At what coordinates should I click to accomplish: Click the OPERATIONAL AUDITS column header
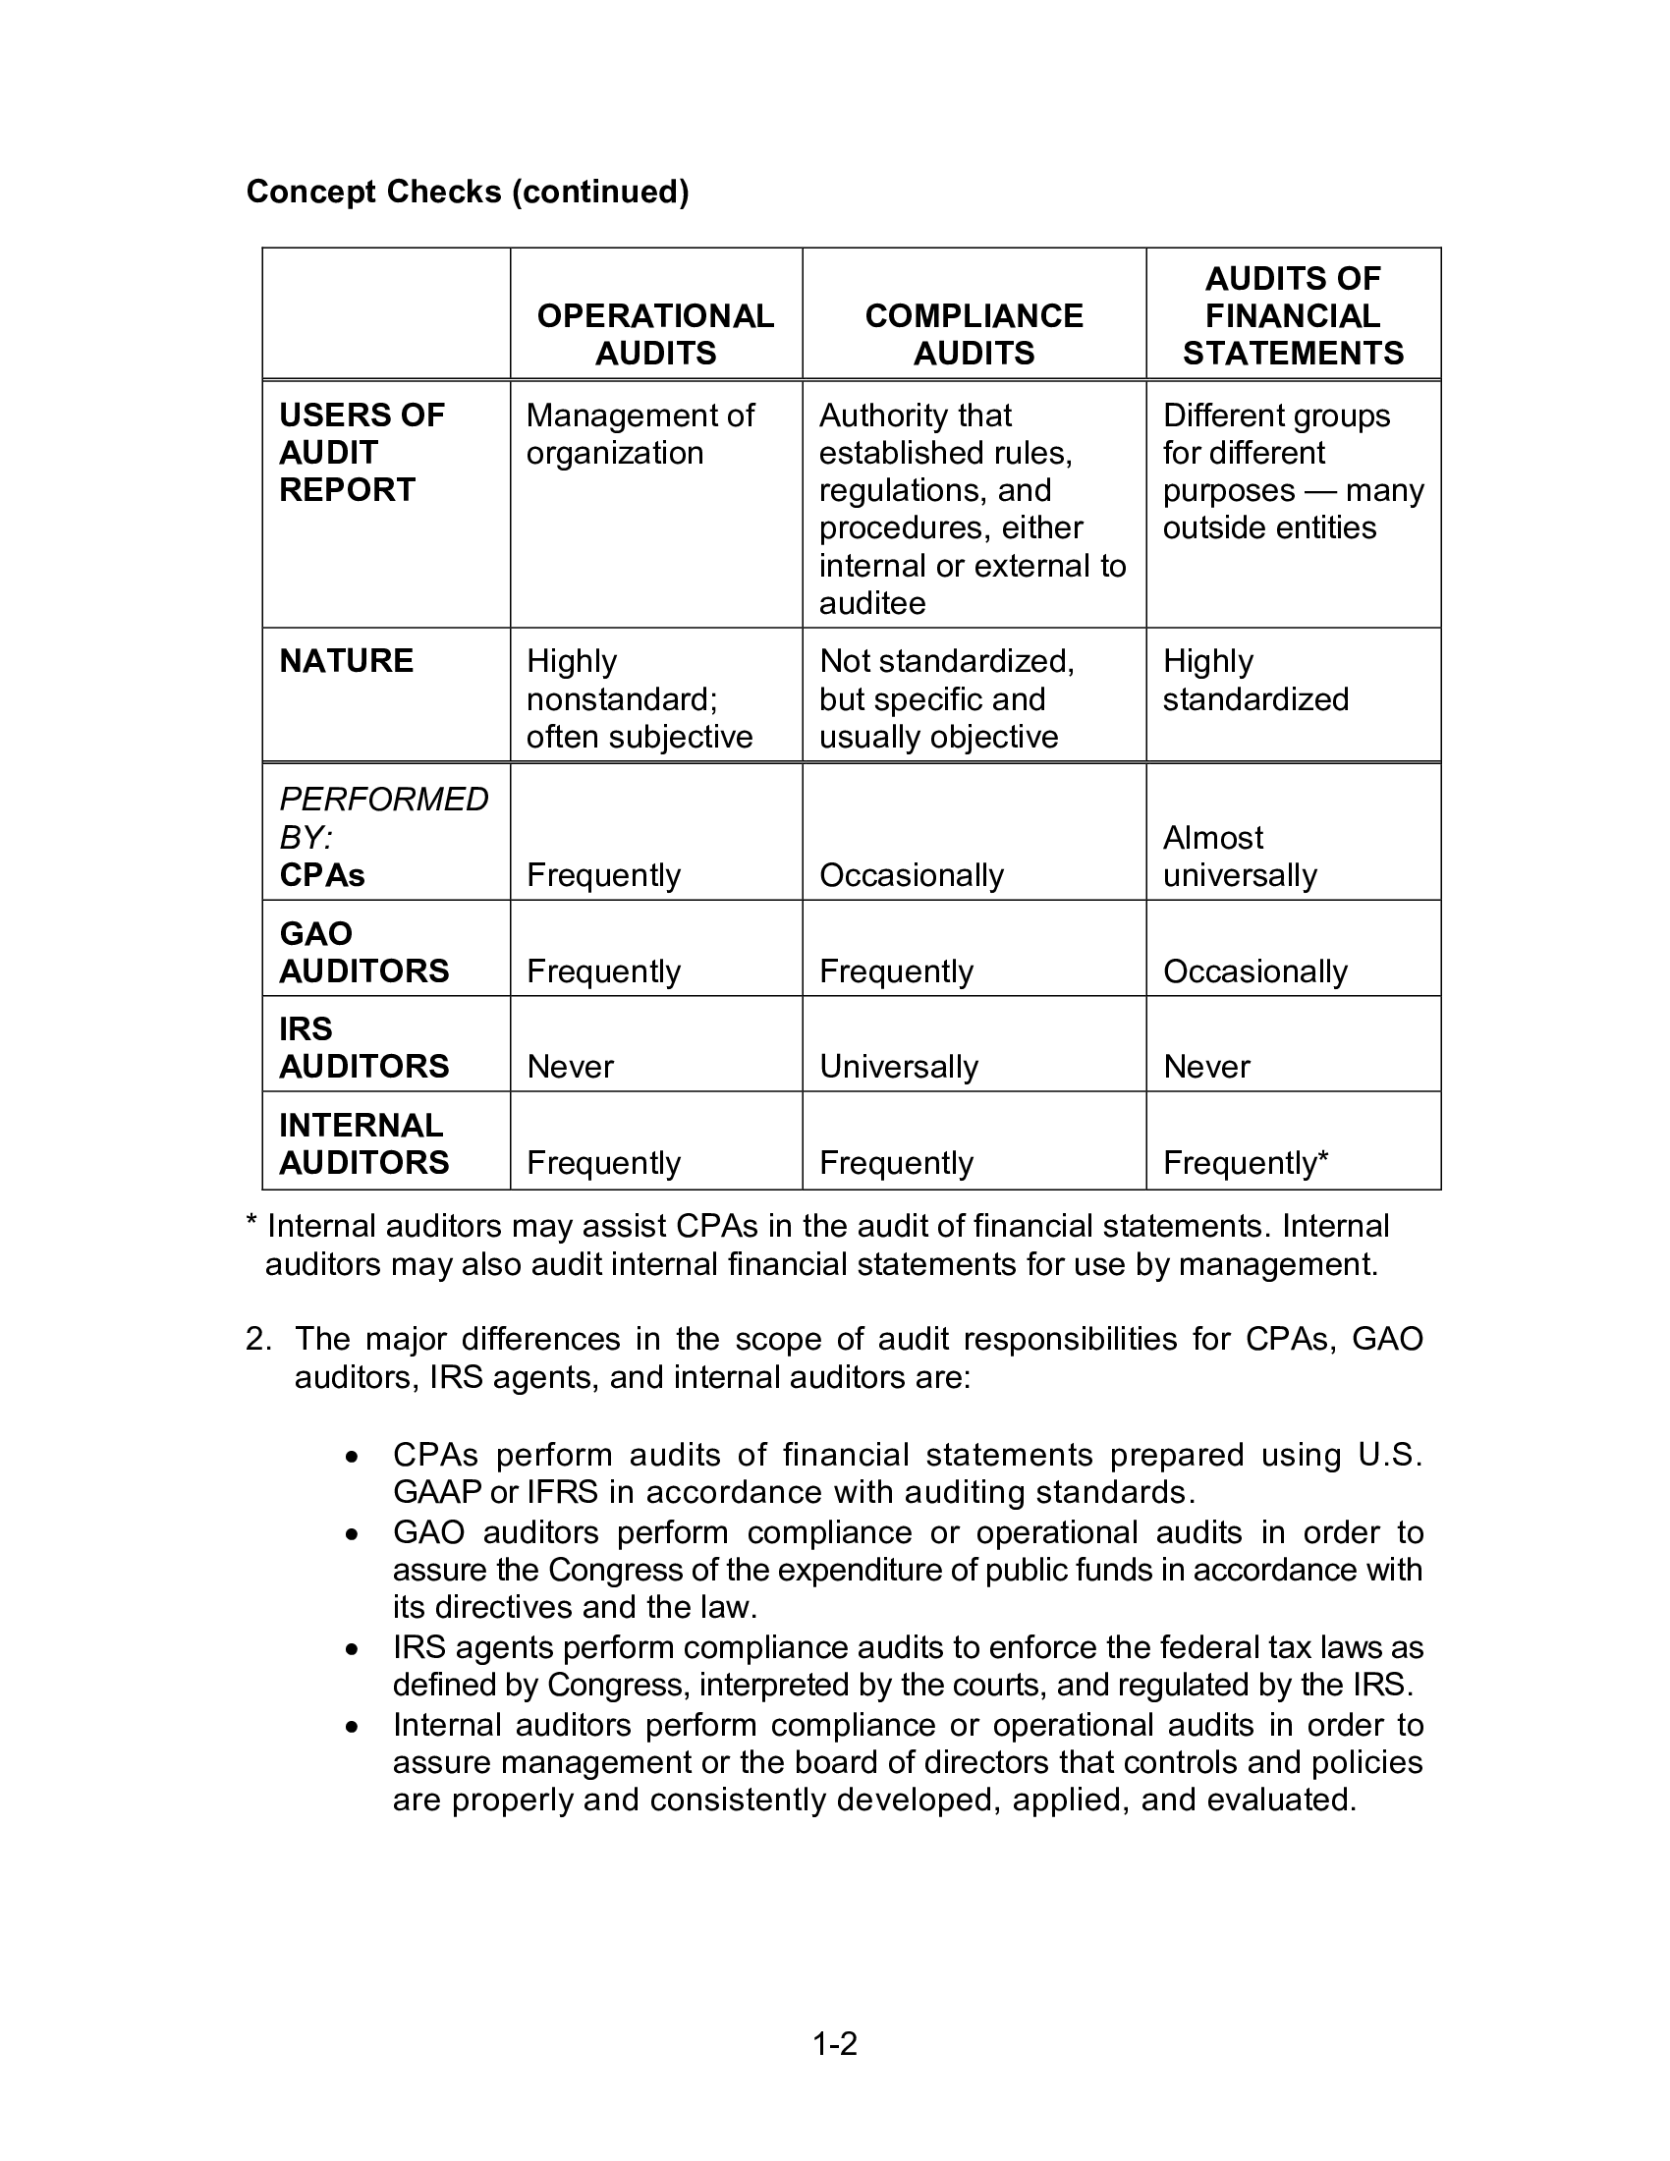(655, 334)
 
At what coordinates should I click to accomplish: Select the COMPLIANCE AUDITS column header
(974, 334)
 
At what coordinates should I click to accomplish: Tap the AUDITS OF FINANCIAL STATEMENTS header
(1292, 315)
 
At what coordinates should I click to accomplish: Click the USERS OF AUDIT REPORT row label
(362, 452)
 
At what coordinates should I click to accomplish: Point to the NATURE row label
(346, 661)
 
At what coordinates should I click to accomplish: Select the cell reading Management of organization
(640, 434)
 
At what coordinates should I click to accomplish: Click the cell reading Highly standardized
(1254, 680)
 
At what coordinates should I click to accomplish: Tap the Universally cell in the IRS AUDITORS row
(898, 1067)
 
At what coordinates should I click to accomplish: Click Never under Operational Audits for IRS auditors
(570, 1067)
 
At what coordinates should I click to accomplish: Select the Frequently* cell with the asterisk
(1245, 1163)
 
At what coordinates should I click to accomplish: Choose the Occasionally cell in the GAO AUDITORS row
(1254, 971)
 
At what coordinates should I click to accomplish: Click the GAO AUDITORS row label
(363, 952)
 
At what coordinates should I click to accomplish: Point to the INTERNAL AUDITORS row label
(363, 1143)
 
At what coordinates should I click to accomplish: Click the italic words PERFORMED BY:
(383, 817)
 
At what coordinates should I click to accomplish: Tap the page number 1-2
(834, 2043)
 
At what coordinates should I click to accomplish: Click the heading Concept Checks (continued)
(467, 191)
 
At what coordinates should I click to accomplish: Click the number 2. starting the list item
(258, 1339)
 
